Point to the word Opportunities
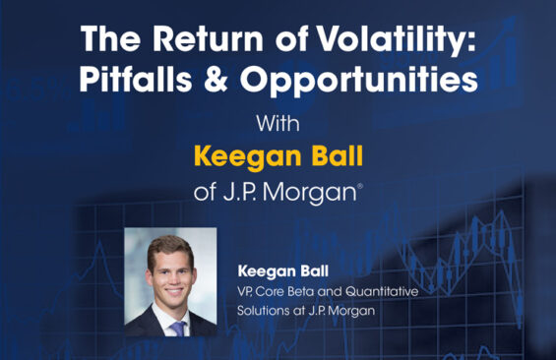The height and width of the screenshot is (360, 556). tap(359, 80)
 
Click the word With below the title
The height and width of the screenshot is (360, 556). tap(278, 123)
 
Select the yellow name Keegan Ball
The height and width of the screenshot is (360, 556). tap(278, 156)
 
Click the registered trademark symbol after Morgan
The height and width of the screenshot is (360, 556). tap(360, 186)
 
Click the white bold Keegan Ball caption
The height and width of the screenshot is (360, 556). tap(283, 271)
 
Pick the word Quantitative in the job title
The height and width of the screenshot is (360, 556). tap(382, 291)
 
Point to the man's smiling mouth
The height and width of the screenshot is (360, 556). tap(174, 291)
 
